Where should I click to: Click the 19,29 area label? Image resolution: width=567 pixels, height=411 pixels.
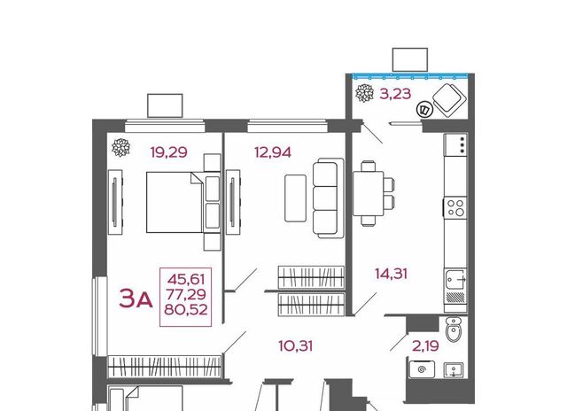[x=169, y=152]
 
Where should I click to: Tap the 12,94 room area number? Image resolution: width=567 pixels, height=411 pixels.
[x=273, y=152]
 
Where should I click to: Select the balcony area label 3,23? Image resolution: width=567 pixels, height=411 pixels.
[x=395, y=94]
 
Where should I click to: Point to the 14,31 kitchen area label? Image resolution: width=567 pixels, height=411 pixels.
[x=391, y=274]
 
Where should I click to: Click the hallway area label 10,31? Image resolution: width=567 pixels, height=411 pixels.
[x=295, y=346]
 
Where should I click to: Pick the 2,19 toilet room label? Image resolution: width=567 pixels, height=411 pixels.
[x=425, y=346]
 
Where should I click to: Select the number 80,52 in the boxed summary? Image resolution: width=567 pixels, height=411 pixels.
[x=186, y=309]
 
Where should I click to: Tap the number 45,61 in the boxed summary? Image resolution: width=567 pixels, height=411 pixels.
[x=186, y=279]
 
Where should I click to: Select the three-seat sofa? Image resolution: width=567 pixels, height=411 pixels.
[x=329, y=198]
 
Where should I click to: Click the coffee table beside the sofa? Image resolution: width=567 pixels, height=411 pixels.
[x=295, y=198]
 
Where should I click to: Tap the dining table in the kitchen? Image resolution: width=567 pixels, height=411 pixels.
[x=369, y=194]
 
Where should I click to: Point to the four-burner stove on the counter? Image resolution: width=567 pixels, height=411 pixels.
[x=455, y=207]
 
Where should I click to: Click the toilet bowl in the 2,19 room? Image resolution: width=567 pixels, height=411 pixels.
[x=453, y=329]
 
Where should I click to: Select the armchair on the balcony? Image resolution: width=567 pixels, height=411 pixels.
[x=448, y=100]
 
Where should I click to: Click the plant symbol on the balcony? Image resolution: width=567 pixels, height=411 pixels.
[x=364, y=93]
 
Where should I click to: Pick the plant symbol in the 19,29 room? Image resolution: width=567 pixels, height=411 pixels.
[x=120, y=148]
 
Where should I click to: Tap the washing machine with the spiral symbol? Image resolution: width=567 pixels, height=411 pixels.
[x=422, y=369]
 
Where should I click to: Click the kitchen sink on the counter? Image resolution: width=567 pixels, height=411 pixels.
[x=455, y=279]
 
